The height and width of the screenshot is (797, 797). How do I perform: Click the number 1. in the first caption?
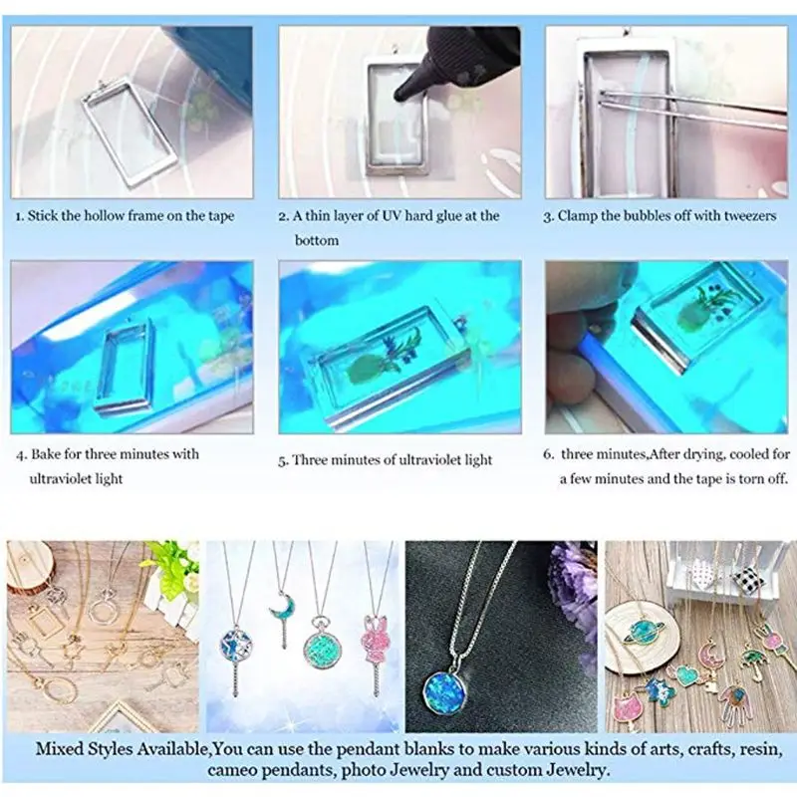(x=18, y=215)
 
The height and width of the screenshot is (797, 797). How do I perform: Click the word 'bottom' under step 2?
(x=317, y=240)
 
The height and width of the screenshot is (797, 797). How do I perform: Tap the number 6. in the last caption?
(x=549, y=454)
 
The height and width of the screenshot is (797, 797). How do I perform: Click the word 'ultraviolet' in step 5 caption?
(x=420, y=460)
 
